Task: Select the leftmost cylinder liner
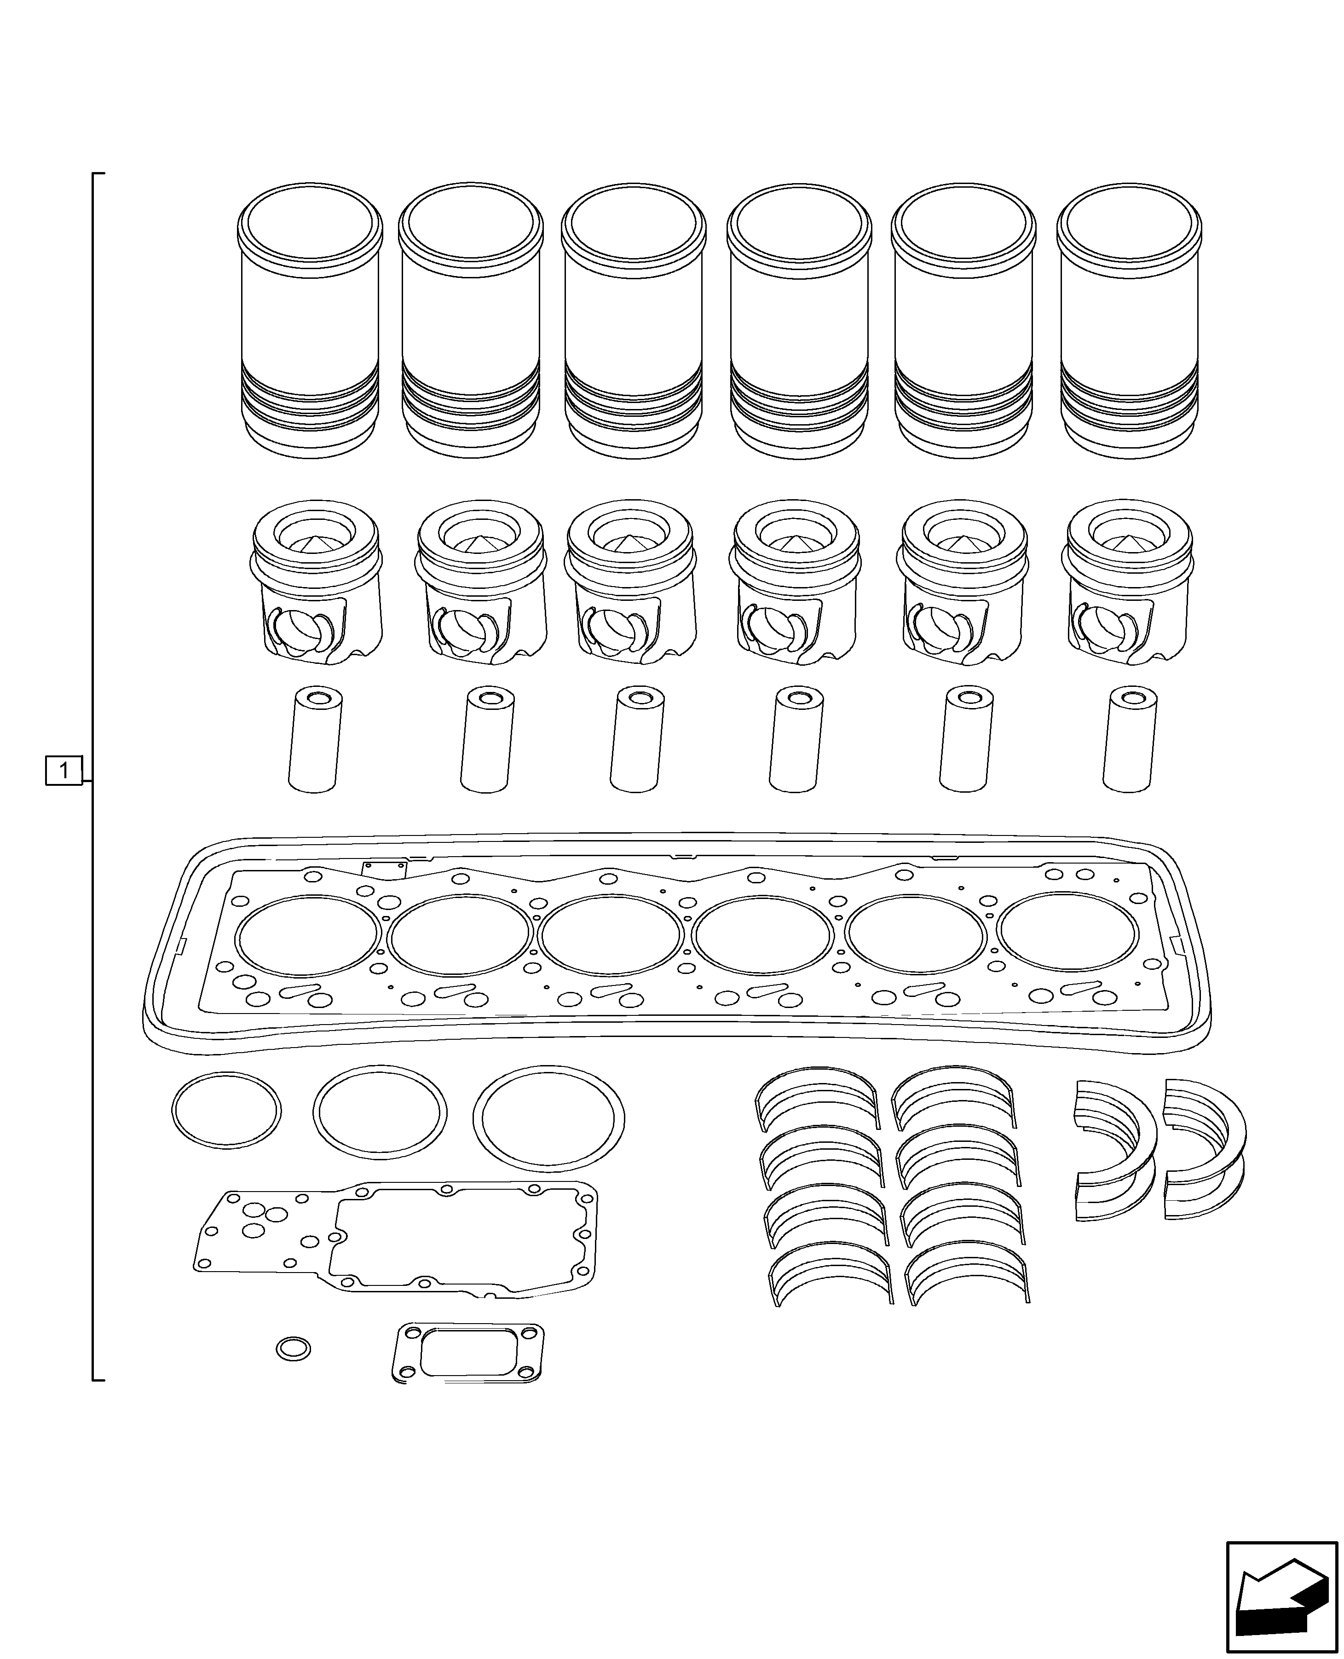310,321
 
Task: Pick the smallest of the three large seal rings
226,1109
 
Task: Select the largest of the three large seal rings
549,1116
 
